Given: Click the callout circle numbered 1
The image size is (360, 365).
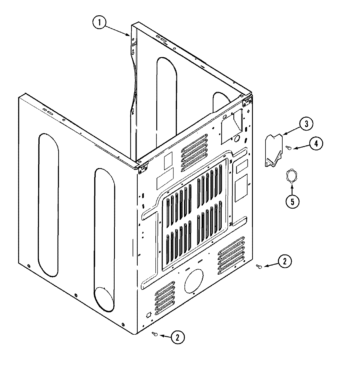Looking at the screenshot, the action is (x=100, y=23).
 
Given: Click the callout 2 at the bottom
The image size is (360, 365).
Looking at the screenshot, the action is (x=178, y=337).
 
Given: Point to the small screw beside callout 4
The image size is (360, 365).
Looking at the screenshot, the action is (x=289, y=147).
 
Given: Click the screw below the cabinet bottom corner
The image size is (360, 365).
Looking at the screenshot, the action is (x=155, y=334).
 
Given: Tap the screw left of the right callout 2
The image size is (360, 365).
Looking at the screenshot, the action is (x=259, y=266).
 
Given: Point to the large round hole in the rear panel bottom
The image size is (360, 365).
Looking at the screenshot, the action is (x=193, y=281).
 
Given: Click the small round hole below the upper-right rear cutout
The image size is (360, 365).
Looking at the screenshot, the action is (x=237, y=138).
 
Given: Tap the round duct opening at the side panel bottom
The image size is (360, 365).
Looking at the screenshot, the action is (x=105, y=299).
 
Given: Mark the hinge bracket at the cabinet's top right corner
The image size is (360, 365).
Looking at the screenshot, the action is (x=247, y=99).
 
